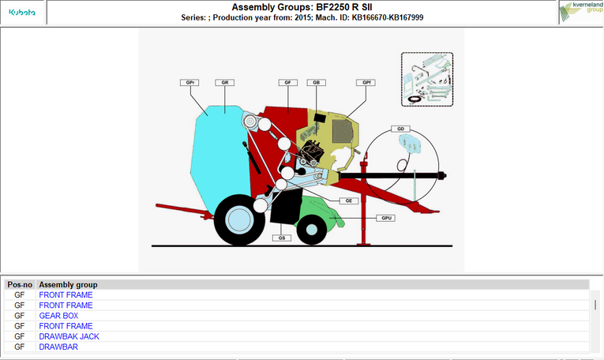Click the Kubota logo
[22, 13]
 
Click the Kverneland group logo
[581, 11]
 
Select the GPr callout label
[189, 82]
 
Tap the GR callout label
[224, 82]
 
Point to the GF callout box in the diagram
[287, 82]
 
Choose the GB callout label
[317, 82]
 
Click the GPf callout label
[366, 82]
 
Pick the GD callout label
[400, 129]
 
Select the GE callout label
[349, 201]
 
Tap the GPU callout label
[386, 218]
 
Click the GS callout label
[282, 238]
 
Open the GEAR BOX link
[58, 316]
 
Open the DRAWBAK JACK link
[69, 336]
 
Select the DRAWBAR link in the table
[58, 347]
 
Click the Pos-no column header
[20, 285]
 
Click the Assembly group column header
[68, 285]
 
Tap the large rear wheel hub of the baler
[239, 219]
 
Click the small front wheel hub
[312, 230]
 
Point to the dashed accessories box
[427, 79]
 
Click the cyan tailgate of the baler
[219, 158]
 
